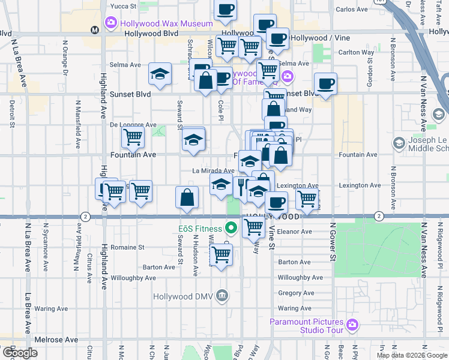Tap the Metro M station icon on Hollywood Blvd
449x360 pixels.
94,30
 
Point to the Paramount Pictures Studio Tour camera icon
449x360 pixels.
352,325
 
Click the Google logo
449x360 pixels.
19,353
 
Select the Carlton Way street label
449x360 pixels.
356,53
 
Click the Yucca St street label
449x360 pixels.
124,6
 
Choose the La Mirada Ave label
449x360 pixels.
213,170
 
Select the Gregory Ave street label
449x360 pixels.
296,293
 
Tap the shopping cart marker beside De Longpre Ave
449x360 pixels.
133,136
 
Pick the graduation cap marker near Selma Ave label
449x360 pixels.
160,74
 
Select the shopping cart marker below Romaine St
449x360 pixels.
221,255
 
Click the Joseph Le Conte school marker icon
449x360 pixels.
399,143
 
